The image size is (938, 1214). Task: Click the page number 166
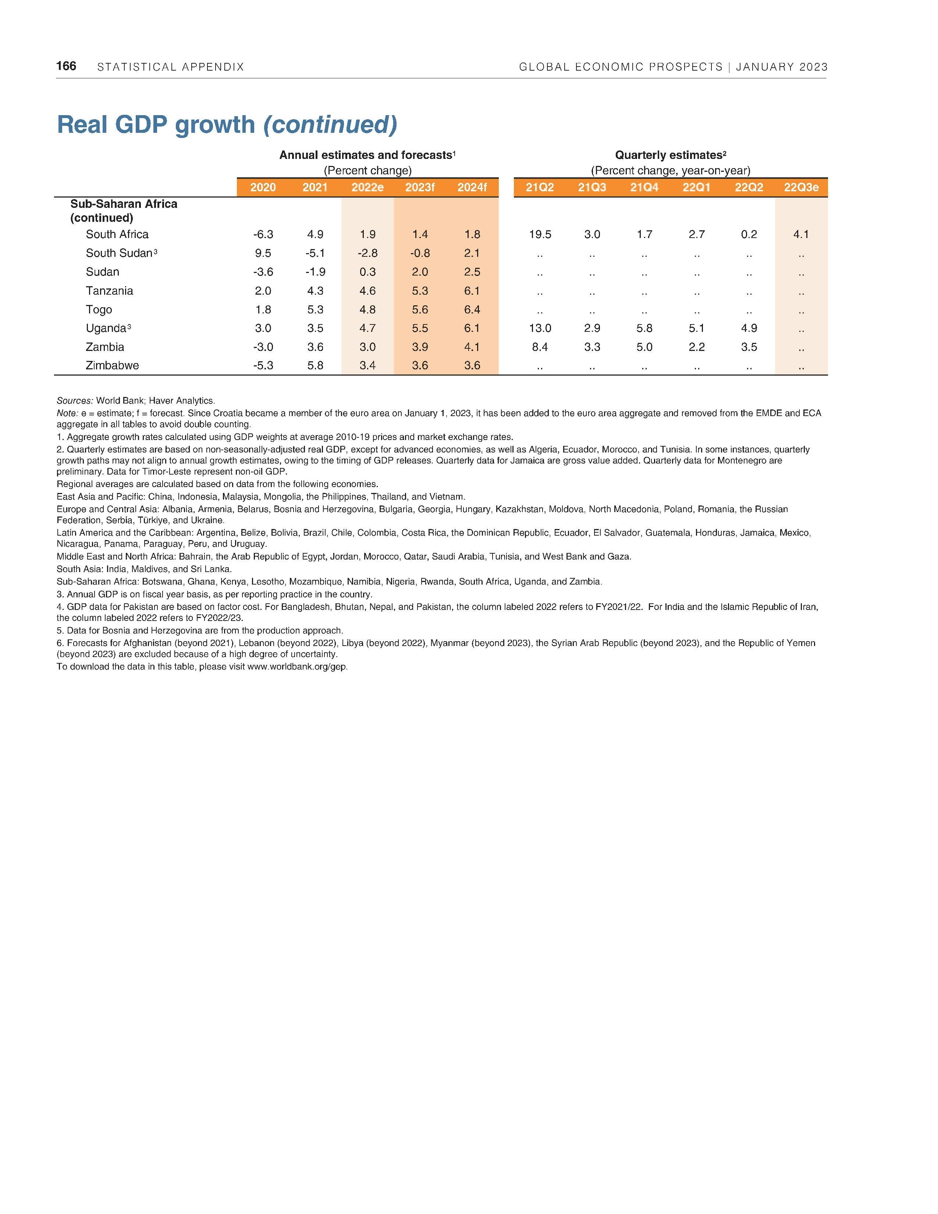pos(66,66)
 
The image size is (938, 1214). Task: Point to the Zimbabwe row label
pos(112,366)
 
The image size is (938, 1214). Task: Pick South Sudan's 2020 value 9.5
pos(263,253)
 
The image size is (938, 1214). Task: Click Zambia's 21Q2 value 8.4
pos(540,347)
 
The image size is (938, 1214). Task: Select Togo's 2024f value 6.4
pos(472,310)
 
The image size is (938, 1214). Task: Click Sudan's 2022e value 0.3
pos(367,272)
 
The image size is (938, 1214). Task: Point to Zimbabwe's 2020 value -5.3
pos(263,366)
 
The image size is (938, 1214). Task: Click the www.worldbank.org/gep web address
pos(297,667)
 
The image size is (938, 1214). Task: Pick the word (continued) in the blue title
pos(330,124)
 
